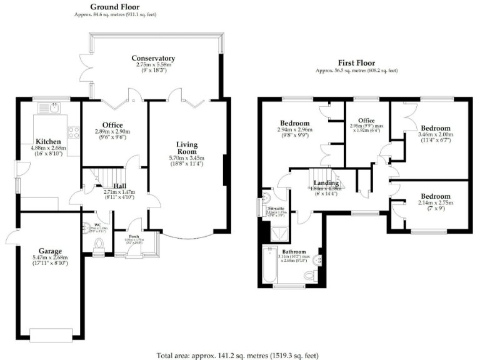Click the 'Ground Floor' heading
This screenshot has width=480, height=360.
pyautogui.click(x=114, y=7)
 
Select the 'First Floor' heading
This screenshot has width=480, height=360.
pyautogui.click(x=357, y=63)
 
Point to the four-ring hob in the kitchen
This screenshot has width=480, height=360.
pyautogui.click(x=74, y=132)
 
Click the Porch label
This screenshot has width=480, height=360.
pyautogui.click(x=134, y=236)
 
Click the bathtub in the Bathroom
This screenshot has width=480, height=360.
pyautogui.click(x=269, y=266)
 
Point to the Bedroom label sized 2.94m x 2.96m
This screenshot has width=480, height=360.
pyautogui.click(x=294, y=122)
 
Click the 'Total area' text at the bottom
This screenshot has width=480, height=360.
pyautogui.click(x=241, y=354)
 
